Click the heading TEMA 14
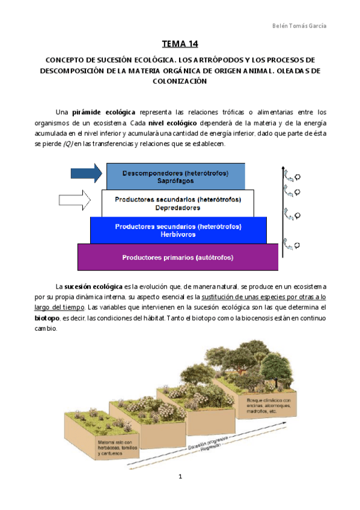(180, 43)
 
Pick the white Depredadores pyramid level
(178, 203)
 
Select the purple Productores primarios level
(178, 257)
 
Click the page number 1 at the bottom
(180, 477)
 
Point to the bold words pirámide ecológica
(103, 112)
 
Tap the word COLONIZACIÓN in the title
(180, 82)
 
